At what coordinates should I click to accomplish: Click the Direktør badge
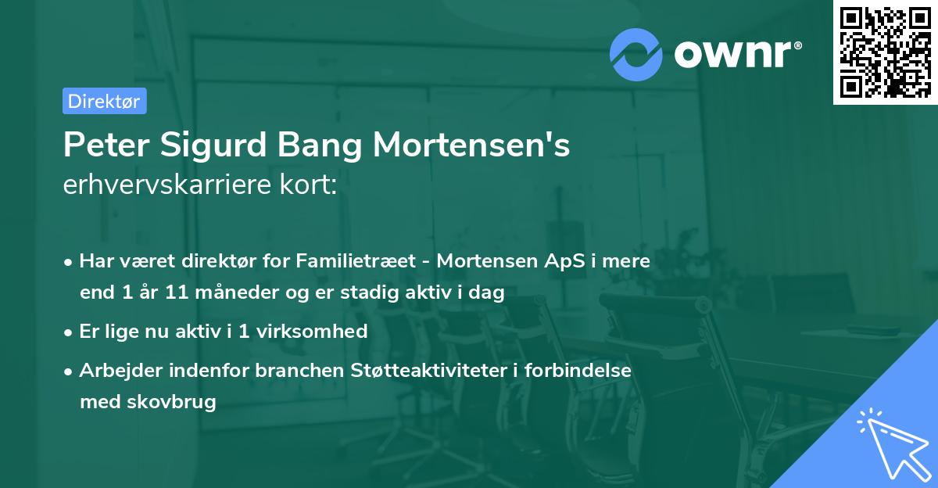pyautogui.click(x=104, y=101)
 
